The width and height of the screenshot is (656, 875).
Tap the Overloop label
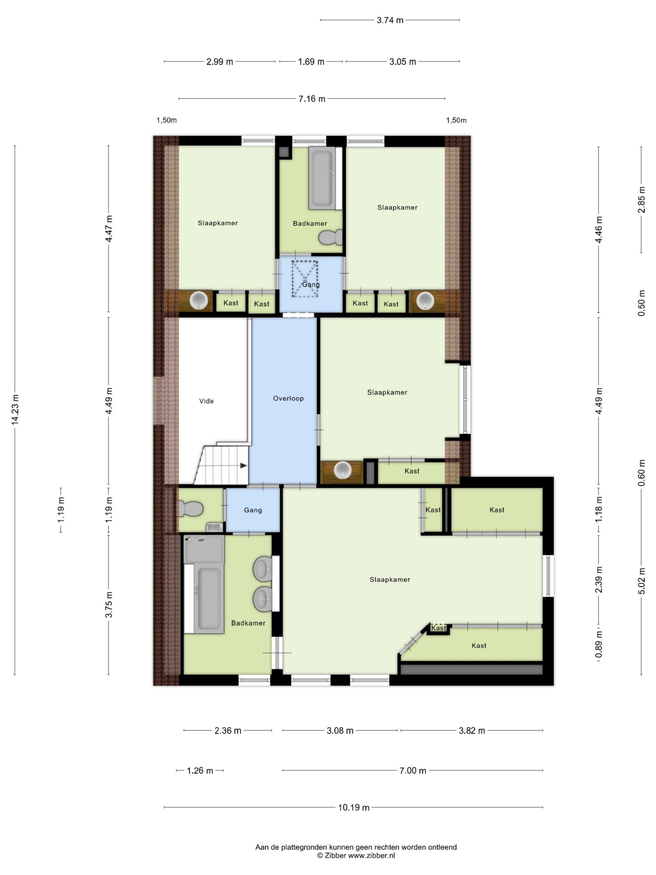tap(288, 398)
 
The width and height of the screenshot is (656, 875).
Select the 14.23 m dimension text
tap(15, 409)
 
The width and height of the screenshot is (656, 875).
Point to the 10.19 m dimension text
tap(354, 807)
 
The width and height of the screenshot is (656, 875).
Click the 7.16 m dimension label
tap(312, 98)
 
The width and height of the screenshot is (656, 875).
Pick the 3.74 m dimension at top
tap(390, 20)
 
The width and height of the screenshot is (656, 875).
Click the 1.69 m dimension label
tap(311, 62)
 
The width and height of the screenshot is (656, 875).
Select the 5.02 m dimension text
tap(641, 581)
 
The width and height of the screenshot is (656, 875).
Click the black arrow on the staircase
tap(244, 466)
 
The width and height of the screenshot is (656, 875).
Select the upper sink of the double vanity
tap(262, 569)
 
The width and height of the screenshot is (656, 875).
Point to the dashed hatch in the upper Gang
tap(305, 279)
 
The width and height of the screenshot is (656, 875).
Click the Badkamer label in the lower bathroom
tap(248, 623)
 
